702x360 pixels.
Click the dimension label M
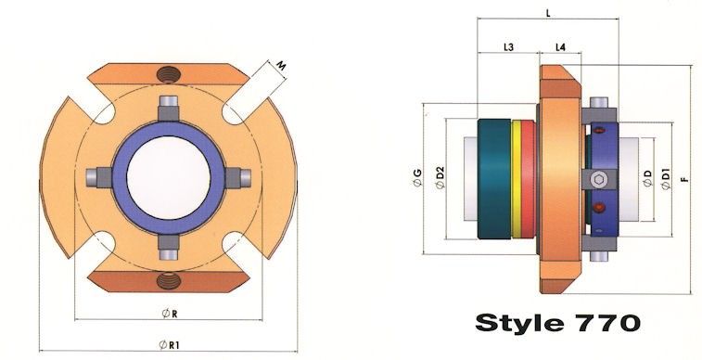(281, 66)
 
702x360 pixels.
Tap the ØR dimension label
(170, 314)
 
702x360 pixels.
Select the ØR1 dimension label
(170, 345)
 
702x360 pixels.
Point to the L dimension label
(548, 13)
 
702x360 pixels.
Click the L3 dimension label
(508, 46)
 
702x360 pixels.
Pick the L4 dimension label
(560, 46)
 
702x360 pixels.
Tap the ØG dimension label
(417, 178)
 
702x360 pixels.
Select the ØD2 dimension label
(440, 178)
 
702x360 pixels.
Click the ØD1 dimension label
(666, 179)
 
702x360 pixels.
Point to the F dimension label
(683, 179)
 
